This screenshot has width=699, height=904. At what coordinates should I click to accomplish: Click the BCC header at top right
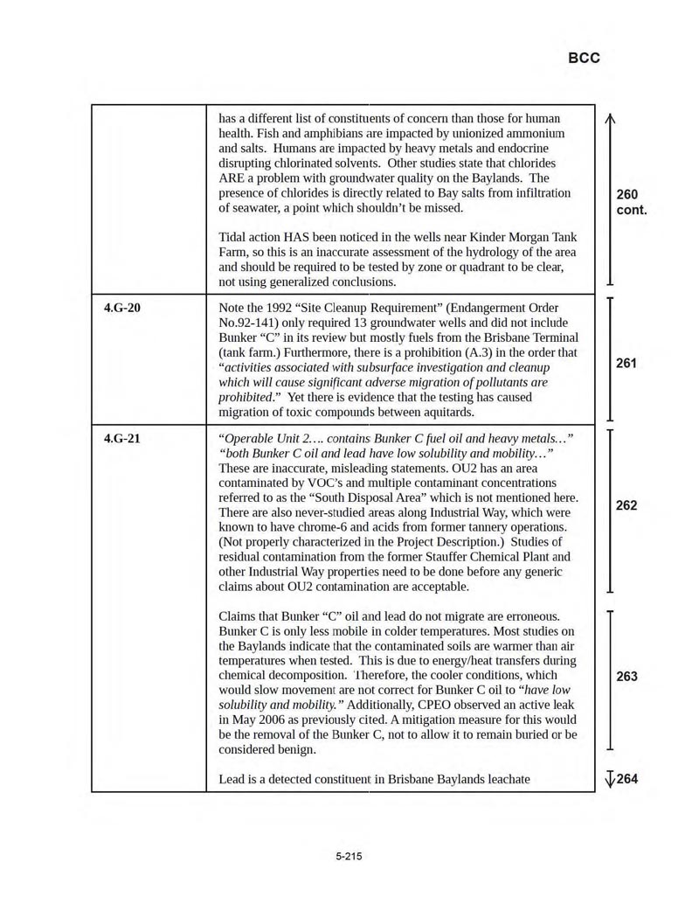click(584, 58)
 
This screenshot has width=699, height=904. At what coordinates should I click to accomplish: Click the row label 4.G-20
click(121, 308)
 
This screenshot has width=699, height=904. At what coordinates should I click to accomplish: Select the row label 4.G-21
click(121, 438)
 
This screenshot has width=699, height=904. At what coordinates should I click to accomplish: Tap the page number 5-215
click(349, 856)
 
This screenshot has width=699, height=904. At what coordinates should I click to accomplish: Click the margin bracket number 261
click(626, 362)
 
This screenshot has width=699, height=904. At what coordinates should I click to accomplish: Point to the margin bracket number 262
click(626, 505)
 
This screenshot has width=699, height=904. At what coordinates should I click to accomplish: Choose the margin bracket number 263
click(626, 676)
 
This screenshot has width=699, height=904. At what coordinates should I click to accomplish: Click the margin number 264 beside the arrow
click(627, 778)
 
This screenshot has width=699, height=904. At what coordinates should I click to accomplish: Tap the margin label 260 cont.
click(629, 202)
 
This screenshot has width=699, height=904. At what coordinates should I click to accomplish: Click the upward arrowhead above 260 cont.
click(610, 122)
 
